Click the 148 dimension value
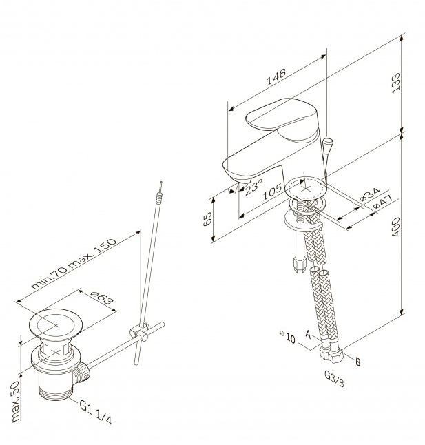point(276,77)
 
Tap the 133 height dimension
point(396,83)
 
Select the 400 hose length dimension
point(396,227)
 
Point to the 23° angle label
point(253,187)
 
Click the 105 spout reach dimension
point(272,192)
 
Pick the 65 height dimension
point(207,219)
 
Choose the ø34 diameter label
point(370,194)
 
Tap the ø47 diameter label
point(382,202)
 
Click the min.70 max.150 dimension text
point(74,264)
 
